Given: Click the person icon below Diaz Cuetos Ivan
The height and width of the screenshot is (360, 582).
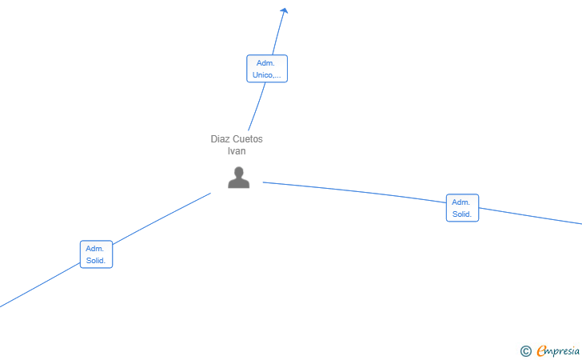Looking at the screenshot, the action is pyautogui.click(x=239, y=178).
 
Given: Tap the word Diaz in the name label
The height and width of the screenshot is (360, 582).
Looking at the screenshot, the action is pyautogui.click(x=220, y=139).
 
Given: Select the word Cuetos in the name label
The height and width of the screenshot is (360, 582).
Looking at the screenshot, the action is pyautogui.click(x=247, y=139).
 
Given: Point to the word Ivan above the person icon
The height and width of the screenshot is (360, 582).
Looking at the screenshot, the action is pyautogui.click(x=237, y=151).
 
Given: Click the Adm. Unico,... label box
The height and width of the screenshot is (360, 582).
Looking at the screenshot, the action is pyautogui.click(x=267, y=69).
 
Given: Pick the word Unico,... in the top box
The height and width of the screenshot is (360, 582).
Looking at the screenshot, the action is pyautogui.click(x=266, y=75).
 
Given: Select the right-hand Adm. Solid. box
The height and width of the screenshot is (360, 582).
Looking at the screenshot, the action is pyautogui.click(x=462, y=208).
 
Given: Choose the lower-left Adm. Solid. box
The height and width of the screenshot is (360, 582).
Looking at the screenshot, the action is pyautogui.click(x=96, y=254).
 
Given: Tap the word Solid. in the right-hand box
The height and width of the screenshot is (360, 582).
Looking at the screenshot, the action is pyautogui.click(x=462, y=214).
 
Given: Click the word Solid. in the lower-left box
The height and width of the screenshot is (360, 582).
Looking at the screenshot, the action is pyautogui.click(x=96, y=261).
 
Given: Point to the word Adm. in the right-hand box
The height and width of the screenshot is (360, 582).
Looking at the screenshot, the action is pyautogui.click(x=460, y=202).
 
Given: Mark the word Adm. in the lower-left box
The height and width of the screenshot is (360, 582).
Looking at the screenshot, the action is pyautogui.click(x=94, y=249).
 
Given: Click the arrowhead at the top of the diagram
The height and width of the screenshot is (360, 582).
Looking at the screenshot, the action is pyautogui.click(x=285, y=10).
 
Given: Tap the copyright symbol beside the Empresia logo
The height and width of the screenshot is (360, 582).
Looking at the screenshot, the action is pyautogui.click(x=526, y=351).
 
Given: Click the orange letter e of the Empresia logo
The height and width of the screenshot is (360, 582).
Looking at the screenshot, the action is pyautogui.click(x=541, y=350).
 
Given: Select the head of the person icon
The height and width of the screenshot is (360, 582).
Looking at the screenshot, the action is pyautogui.click(x=239, y=172).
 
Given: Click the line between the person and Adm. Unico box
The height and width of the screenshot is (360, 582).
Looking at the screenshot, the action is pyautogui.click(x=257, y=106).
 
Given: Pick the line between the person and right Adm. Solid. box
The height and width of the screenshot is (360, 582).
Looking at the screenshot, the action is pyautogui.click(x=354, y=191).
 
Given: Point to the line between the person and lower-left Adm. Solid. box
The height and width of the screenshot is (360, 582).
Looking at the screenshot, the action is pyautogui.click(x=161, y=219).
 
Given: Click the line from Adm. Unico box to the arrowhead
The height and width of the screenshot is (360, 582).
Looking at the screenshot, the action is pyautogui.click(x=279, y=33).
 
